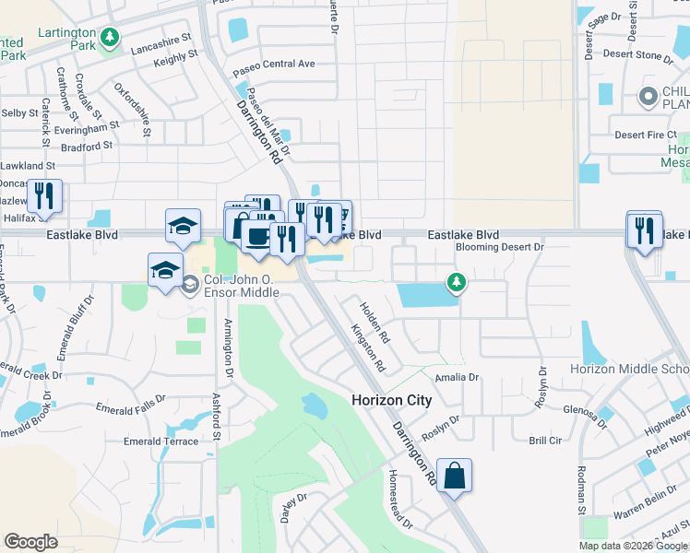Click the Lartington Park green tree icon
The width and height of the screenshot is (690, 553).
pos(110,37)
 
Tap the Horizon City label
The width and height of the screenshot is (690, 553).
pos(391,400)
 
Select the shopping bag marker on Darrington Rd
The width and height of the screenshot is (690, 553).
pos(454,477)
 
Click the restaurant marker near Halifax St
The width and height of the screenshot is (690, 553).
pos(44,195)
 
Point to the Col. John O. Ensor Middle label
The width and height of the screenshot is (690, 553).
pos(241,282)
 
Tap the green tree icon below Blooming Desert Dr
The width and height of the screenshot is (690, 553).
pos(455,282)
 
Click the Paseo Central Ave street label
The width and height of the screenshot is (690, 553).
pos(274,65)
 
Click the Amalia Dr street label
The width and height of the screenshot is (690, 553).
pos(459,377)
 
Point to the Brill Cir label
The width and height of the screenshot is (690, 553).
pos(545,441)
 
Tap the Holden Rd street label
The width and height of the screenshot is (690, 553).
pos(375,323)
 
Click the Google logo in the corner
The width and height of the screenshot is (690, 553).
pos(30,541)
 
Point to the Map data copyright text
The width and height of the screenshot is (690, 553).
pos(633,546)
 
